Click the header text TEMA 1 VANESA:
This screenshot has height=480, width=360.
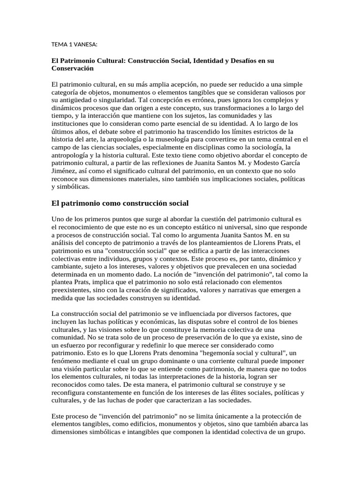(x=74, y=45)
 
